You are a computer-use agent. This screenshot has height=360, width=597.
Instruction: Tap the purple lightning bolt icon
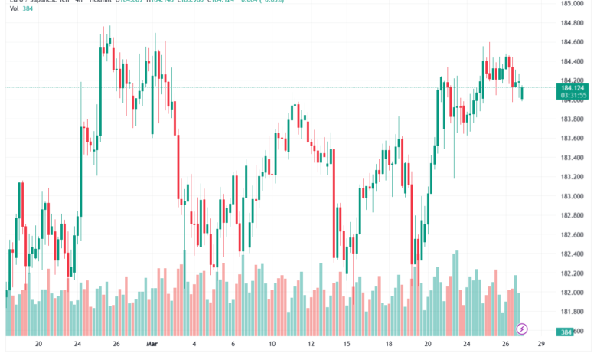[x=522, y=329]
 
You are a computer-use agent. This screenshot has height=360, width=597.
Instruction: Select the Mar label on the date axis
[x=152, y=345]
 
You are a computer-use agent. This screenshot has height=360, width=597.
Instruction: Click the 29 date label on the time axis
[x=542, y=345]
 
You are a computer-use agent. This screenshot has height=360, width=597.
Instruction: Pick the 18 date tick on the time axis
[x=389, y=345]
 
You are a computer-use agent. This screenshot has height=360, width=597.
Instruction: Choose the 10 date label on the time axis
[x=272, y=345]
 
